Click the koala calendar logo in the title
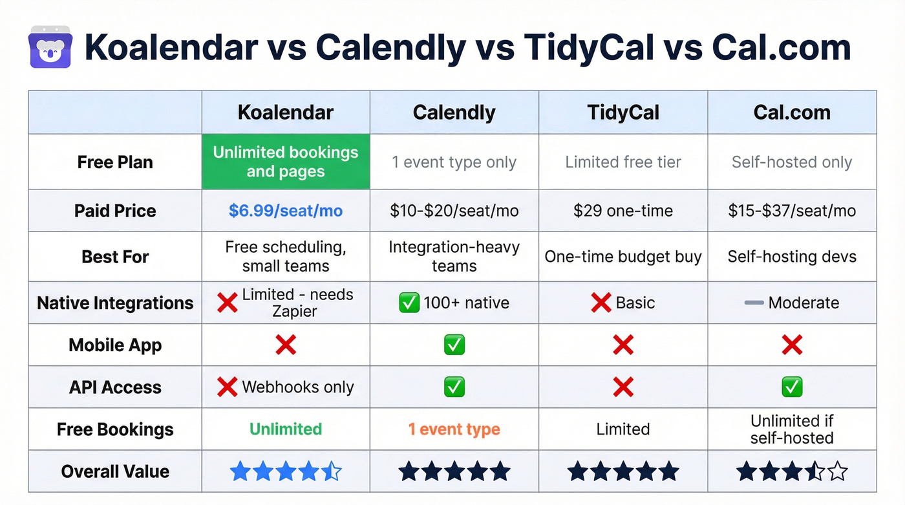(x=50, y=47)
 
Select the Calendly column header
(x=454, y=113)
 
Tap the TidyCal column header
(x=623, y=113)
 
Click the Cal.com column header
(x=792, y=113)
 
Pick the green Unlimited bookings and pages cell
(x=286, y=162)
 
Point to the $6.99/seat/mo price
(x=286, y=211)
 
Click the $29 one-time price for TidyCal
(x=623, y=211)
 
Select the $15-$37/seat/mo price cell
(x=792, y=211)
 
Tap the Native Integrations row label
(x=115, y=303)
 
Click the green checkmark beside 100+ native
(x=409, y=303)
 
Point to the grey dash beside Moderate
(x=754, y=303)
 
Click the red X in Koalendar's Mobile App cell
(x=286, y=345)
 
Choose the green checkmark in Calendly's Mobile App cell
(x=454, y=345)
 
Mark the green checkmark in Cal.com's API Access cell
(x=792, y=387)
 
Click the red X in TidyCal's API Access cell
(x=623, y=387)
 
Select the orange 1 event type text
(x=454, y=429)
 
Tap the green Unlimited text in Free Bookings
(x=286, y=429)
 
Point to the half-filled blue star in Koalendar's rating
(x=332, y=471)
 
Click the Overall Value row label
(x=115, y=471)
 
